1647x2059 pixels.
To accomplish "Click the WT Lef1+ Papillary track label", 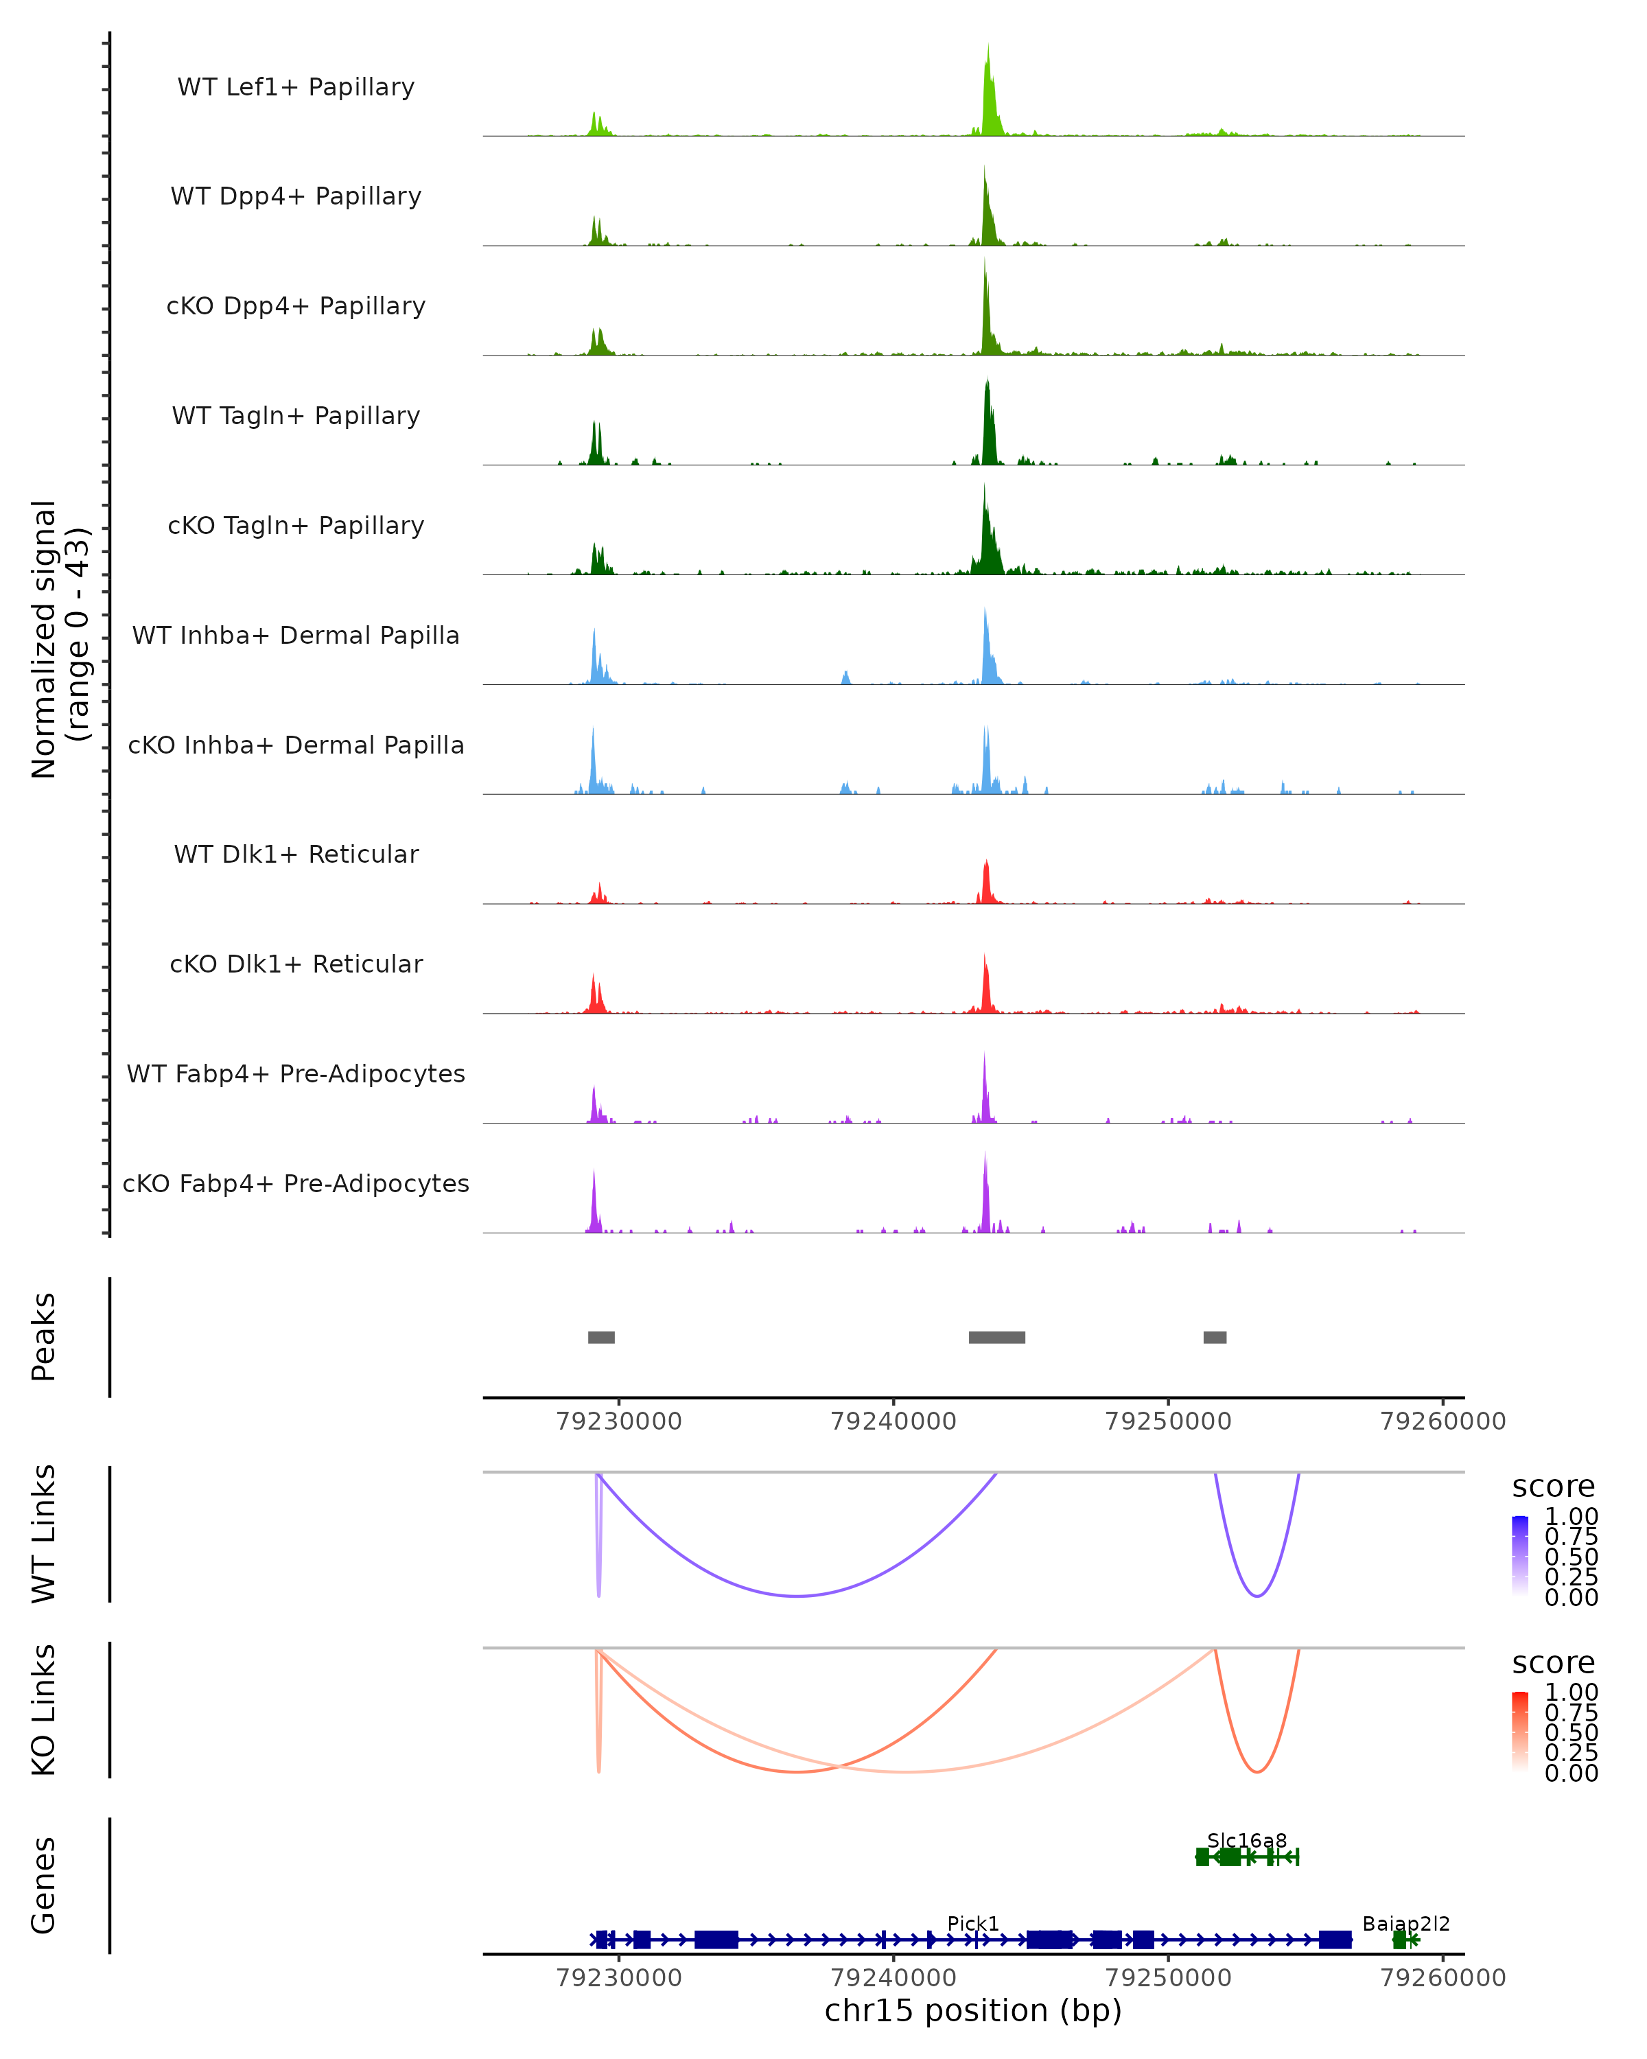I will pos(296,87).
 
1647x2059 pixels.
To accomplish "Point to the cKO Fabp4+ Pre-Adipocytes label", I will pos(296,1183).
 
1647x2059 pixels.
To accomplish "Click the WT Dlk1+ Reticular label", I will pos(296,854).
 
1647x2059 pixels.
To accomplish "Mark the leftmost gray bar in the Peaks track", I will pos(602,1337).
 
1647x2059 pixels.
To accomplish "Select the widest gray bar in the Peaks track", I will pos(997,1337).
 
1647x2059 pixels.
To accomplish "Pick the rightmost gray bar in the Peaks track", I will pos(1215,1337).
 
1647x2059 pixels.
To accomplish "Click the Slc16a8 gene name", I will pos(1247,1840).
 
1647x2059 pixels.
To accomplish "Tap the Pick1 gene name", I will pos(973,1923).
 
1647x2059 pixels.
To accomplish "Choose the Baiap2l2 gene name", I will pos(1405,1923).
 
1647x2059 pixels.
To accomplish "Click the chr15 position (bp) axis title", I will pos(973,2010).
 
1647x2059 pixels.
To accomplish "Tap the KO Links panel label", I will pos(44,1710).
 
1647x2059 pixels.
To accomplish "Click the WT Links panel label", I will pos(44,1534).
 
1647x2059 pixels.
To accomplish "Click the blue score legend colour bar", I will pos(1520,1556).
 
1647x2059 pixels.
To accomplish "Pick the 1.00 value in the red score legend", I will pos(1572,1692).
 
